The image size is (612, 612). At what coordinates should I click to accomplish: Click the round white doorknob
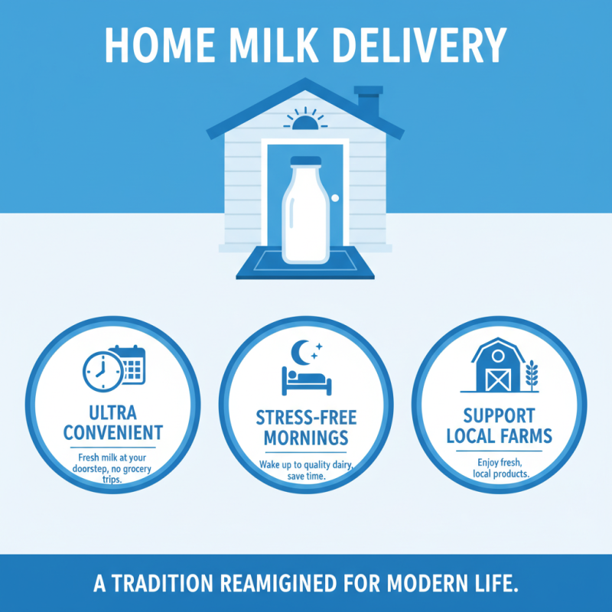(x=334, y=197)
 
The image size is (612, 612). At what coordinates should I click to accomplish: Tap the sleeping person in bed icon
(x=305, y=379)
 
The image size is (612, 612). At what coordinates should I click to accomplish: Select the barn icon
(x=498, y=366)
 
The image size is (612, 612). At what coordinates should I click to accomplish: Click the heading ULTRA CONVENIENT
(x=113, y=420)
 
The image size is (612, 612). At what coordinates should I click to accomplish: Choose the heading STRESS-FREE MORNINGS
(x=305, y=428)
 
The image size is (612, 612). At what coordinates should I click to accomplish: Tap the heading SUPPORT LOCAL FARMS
(x=497, y=427)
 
